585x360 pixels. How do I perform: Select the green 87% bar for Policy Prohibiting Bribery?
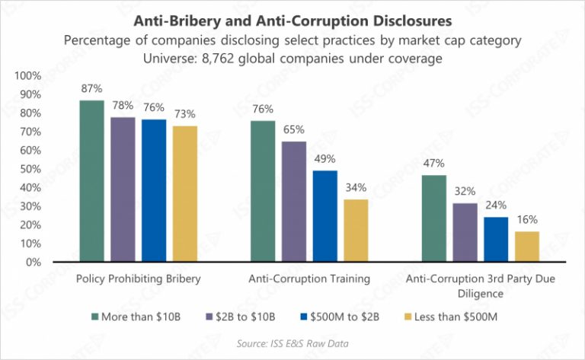click(x=92, y=181)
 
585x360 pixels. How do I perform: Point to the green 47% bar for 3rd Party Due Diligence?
click(x=434, y=218)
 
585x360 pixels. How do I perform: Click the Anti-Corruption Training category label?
click(x=310, y=279)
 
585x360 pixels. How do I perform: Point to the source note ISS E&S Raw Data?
click(x=293, y=342)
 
